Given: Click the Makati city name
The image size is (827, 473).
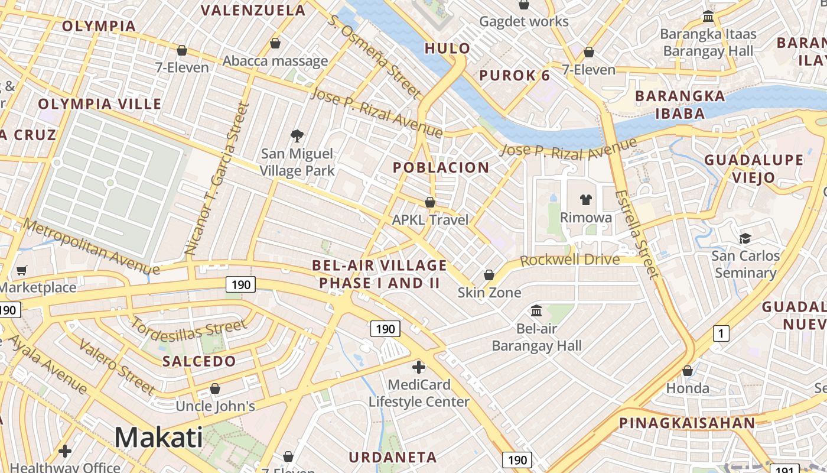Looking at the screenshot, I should pyautogui.click(x=158, y=438).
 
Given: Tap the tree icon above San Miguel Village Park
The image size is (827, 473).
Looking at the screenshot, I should pyautogui.click(x=297, y=137).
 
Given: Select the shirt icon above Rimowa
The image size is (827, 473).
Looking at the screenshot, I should pyautogui.click(x=585, y=199).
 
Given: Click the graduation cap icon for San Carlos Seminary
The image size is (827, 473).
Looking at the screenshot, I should pyautogui.click(x=745, y=238).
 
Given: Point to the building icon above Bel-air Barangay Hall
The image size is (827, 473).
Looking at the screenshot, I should pyautogui.click(x=536, y=310).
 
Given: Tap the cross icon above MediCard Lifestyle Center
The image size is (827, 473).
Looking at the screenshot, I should pyautogui.click(x=418, y=367).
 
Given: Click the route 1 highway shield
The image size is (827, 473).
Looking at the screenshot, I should pyautogui.click(x=720, y=333).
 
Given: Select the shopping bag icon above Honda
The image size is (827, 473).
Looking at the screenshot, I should pyautogui.click(x=688, y=371).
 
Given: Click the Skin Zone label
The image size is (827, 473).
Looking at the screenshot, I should pyautogui.click(x=489, y=293).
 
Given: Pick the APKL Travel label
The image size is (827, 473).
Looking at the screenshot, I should pyautogui.click(x=430, y=220).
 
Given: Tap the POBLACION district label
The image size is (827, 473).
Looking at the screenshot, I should pyautogui.click(x=441, y=168).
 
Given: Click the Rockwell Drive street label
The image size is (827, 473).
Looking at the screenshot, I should pyautogui.click(x=570, y=260).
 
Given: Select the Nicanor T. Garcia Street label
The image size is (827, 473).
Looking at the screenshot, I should pyautogui.click(x=217, y=179).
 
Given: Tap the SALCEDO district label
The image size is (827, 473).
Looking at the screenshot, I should pyautogui.click(x=199, y=361).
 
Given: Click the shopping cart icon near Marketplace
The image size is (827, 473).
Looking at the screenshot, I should pyautogui.click(x=22, y=271).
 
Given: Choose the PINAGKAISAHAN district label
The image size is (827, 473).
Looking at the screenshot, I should pyautogui.click(x=687, y=423).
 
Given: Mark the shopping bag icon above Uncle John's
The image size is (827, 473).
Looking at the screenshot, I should pyautogui.click(x=215, y=389).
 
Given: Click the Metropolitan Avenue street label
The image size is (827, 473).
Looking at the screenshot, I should pyautogui.click(x=91, y=247).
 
